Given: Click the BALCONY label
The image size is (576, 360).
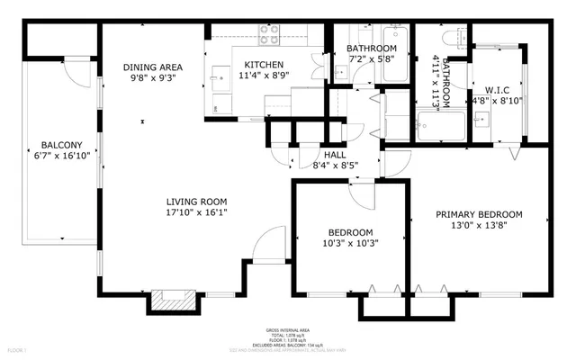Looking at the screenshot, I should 61,145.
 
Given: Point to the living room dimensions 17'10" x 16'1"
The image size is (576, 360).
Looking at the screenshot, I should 195,214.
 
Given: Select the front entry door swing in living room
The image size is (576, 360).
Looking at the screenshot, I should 267,245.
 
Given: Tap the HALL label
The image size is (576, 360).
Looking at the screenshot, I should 310,153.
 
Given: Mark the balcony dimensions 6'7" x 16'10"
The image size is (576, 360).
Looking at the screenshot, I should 61,157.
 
